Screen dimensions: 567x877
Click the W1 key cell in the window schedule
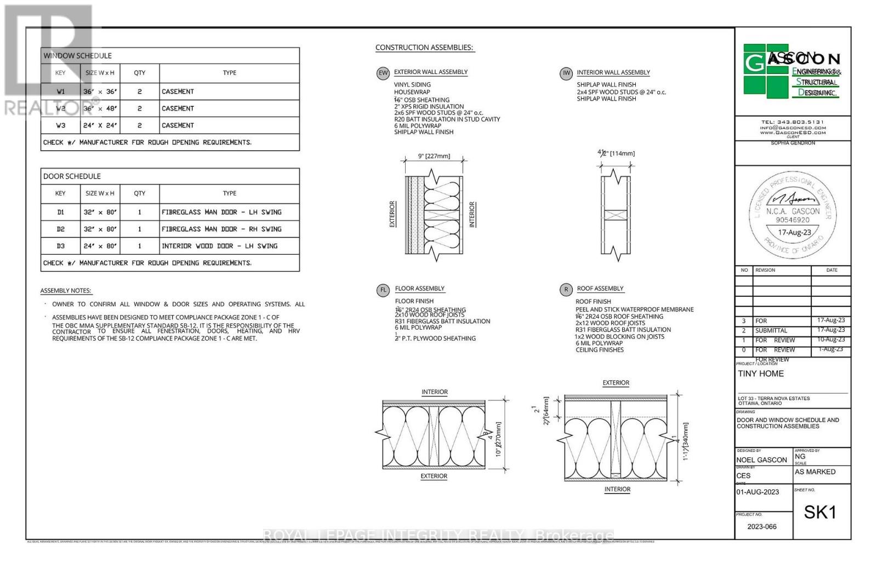(x=60, y=91)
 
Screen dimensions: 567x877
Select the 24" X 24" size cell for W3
(x=100, y=125)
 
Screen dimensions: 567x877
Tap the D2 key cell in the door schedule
(x=60, y=229)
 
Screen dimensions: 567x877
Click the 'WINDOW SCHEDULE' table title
(x=77, y=56)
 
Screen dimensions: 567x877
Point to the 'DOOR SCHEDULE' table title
(x=72, y=176)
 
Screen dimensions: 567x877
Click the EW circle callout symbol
(x=383, y=73)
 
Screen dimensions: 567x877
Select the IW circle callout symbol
(x=566, y=73)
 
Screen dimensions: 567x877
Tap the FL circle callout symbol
(x=383, y=290)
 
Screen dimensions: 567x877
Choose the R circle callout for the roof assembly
(x=566, y=290)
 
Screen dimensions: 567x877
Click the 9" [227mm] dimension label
(x=434, y=156)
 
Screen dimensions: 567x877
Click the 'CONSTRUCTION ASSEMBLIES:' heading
(x=424, y=48)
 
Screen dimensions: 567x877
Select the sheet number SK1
(x=820, y=512)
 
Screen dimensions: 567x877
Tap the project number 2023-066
(x=762, y=526)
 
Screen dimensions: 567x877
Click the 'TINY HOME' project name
(x=761, y=374)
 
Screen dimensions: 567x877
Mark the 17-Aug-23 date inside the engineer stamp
(x=794, y=232)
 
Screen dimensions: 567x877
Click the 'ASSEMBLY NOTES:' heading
(x=66, y=291)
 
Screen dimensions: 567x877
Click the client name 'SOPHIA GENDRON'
(x=793, y=143)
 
